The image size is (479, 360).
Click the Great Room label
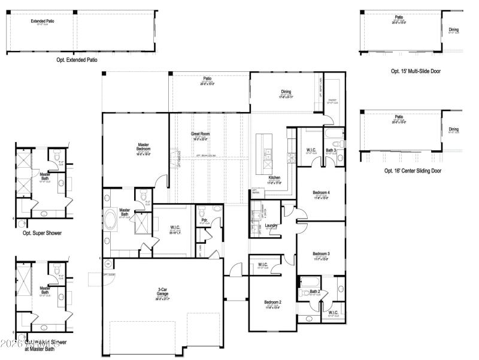coord(199,134)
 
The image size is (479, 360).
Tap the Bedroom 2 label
coord(272,302)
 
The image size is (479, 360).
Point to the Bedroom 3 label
coord(321,254)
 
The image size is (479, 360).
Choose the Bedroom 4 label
coord(321,192)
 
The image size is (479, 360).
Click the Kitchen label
coord(274,178)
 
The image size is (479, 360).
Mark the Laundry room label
coord(271,225)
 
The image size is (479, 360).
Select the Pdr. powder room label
coord(204,220)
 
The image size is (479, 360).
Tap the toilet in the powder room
coord(201,211)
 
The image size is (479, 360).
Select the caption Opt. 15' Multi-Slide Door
coord(416,71)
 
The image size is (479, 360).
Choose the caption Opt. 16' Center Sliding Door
coord(413,171)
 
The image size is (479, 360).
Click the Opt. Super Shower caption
coord(42,233)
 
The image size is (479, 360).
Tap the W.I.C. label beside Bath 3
coord(311,150)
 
